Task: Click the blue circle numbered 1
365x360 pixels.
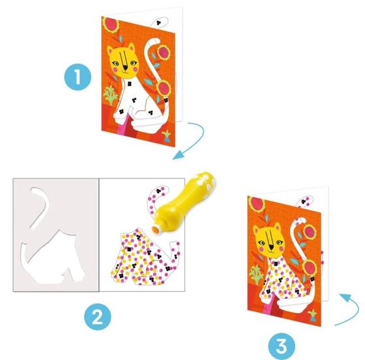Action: pos(78,77)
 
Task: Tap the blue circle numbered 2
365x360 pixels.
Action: pos(98,316)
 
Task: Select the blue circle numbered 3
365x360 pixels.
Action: pos(282,346)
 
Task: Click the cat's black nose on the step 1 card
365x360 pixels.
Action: pos(125,68)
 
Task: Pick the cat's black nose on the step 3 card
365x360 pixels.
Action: pos(271,247)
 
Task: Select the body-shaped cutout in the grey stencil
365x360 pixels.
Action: pos(52,258)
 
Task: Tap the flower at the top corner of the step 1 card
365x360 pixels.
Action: pos(110,25)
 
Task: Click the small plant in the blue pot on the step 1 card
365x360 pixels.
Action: pos(167,137)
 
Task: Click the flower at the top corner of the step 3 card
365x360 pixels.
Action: pos(257,204)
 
